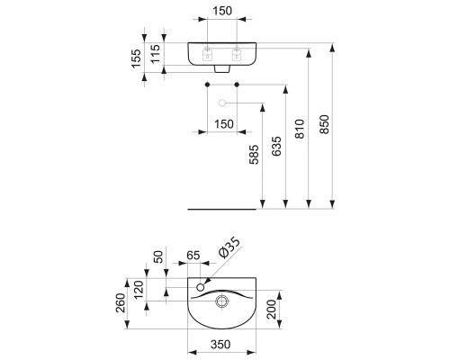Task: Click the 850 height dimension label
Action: (324, 124)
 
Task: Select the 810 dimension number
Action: (300, 129)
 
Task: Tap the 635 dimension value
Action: (276, 146)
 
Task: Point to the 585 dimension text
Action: (254, 155)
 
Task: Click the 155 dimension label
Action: (136, 58)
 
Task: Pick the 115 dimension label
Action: (156, 54)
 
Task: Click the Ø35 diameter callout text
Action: (229, 247)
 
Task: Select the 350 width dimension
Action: (220, 345)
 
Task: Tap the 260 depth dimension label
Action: (121, 303)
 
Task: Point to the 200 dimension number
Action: (271, 310)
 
